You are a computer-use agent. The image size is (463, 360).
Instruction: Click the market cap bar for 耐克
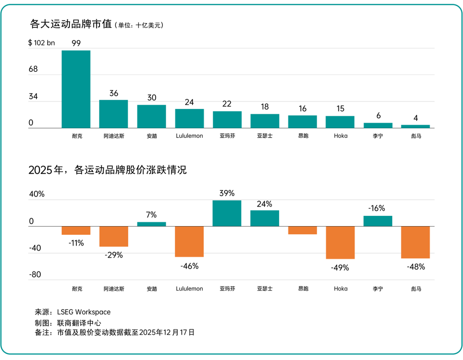pyautogui.click(x=76, y=89)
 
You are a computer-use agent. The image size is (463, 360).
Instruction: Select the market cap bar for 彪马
pyautogui.click(x=415, y=126)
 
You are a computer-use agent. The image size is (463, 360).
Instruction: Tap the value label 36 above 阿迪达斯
pyautogui.click(x=114, y=93)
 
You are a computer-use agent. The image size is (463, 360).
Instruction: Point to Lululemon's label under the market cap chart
pyautogui.click(x=189, y=136)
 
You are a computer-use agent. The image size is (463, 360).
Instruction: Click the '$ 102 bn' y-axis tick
pyautogui.click(x=41, y=43)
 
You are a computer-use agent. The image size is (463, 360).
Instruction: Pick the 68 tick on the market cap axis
pyautogui.click(x=33, y=69)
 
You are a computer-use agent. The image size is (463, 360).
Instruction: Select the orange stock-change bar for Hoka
pyautogui.click(x=340, y=242)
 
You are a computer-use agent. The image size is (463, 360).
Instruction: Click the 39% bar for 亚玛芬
pyautogui.click(x=227, y=213)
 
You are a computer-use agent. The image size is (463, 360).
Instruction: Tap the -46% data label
pyautogui.click(x=189, y=266)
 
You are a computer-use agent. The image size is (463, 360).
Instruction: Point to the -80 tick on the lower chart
pyautogui.click(x=35, y=275)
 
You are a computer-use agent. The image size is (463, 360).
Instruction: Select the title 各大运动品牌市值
pyautogui.click(x=70, y=24)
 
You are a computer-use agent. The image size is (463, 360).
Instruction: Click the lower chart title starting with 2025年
pyautogui.click(x=107, y=170)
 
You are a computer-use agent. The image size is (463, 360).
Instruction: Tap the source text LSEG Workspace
pyautogui.click(x=84, y=312)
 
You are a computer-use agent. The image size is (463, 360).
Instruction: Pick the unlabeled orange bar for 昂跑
pyautogui.click(x=302, y=230)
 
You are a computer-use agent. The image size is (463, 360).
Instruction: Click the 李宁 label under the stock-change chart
pyautogui.click(x=378, y=289)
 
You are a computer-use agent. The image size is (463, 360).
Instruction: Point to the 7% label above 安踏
pyautogui.click(x=151, y=215)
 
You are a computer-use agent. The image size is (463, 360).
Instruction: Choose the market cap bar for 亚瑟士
pyautogui.click(x=265, y=121)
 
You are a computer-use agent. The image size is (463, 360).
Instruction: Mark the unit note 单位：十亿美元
pyautogui.click(x=139, y=25)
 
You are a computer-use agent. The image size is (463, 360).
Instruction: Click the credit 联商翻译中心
pyautogui.click(x=79, y=323)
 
